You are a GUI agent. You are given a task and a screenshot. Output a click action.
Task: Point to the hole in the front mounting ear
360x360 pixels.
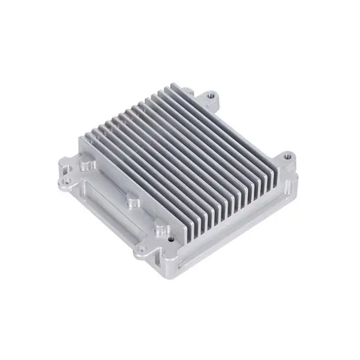coord(141,250)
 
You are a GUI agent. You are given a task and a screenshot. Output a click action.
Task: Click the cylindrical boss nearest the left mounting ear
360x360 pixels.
coord(86,162)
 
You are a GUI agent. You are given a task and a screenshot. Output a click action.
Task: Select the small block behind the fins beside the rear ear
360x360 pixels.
coord(189,91)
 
